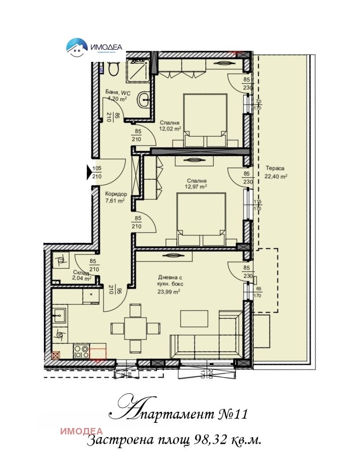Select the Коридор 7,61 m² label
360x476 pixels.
[115, 198]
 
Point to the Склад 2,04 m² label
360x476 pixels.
[82, 276]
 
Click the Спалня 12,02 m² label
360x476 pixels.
[170, 126]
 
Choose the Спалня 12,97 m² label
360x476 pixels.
[197, 184]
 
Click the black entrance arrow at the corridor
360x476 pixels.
[90, 173]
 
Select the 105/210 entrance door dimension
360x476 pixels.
[97, 173]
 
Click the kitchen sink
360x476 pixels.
[59, 317]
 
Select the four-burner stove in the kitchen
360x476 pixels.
[81, 352]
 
